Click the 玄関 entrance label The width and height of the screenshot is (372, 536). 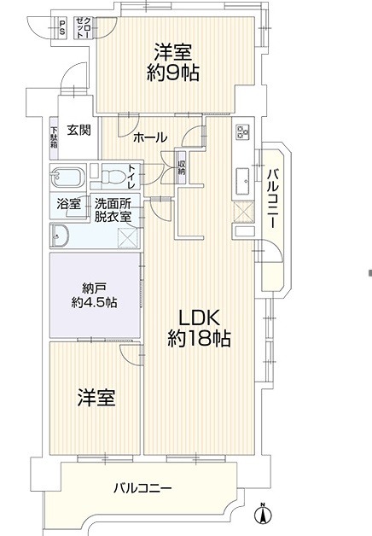78,130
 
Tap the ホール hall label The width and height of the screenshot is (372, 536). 150,137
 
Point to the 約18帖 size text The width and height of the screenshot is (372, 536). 199,339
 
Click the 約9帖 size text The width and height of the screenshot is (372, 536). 173,73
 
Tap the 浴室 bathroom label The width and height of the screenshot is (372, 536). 68,205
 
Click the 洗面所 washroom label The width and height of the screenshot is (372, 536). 113,204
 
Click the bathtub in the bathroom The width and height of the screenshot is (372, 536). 68,177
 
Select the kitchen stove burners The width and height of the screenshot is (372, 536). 243,132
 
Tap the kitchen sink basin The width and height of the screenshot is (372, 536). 243,182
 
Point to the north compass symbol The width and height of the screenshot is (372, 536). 263,513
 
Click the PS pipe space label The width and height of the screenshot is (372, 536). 62,27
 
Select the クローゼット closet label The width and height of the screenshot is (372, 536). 83,27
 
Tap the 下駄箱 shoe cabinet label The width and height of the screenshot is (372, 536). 54,137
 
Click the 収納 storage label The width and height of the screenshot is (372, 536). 181,167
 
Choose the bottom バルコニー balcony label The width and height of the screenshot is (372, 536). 142,488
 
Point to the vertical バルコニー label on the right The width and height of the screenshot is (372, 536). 272,199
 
